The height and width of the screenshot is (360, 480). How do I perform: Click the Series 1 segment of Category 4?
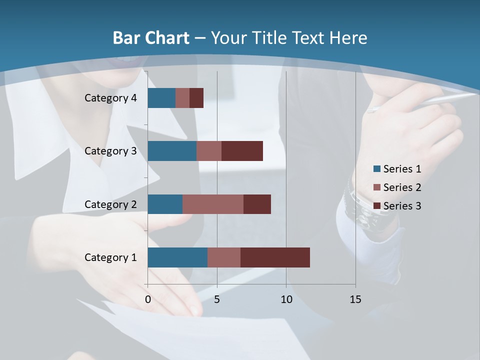pos(161,98)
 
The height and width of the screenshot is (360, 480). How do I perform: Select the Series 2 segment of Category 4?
pos(182,98)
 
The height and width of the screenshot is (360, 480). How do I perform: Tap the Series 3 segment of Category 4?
pos(196,98)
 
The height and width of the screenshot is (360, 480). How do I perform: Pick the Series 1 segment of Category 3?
pos(172,151)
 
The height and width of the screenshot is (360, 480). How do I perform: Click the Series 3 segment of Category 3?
pos(242,151)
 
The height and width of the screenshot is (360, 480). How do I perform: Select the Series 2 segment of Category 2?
pos(213,204)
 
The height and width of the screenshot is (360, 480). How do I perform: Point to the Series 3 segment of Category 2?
pos(257,204)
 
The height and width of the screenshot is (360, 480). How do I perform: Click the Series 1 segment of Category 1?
pos(177,257)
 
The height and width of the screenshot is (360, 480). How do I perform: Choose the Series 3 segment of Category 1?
pos(275,257)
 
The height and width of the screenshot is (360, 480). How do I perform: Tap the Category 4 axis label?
pos(110,98)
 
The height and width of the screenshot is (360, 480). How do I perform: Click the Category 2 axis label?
pos(110,204)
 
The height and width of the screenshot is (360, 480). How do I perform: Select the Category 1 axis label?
pos(110,257)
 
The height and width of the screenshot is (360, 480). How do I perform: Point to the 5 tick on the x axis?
pos(217,299)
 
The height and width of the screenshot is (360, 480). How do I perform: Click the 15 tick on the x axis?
pos(355,299)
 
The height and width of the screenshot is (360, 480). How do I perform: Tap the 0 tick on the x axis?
pos(148,299)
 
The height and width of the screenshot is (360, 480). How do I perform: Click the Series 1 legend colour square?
pos(377,169)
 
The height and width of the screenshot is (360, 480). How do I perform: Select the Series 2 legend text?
pos(402,187)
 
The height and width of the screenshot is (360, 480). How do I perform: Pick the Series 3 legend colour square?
pos(377,206)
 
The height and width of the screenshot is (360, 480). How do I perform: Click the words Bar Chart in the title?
pos(151,37)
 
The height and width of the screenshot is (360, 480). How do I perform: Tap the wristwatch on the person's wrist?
pos(370,210)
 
